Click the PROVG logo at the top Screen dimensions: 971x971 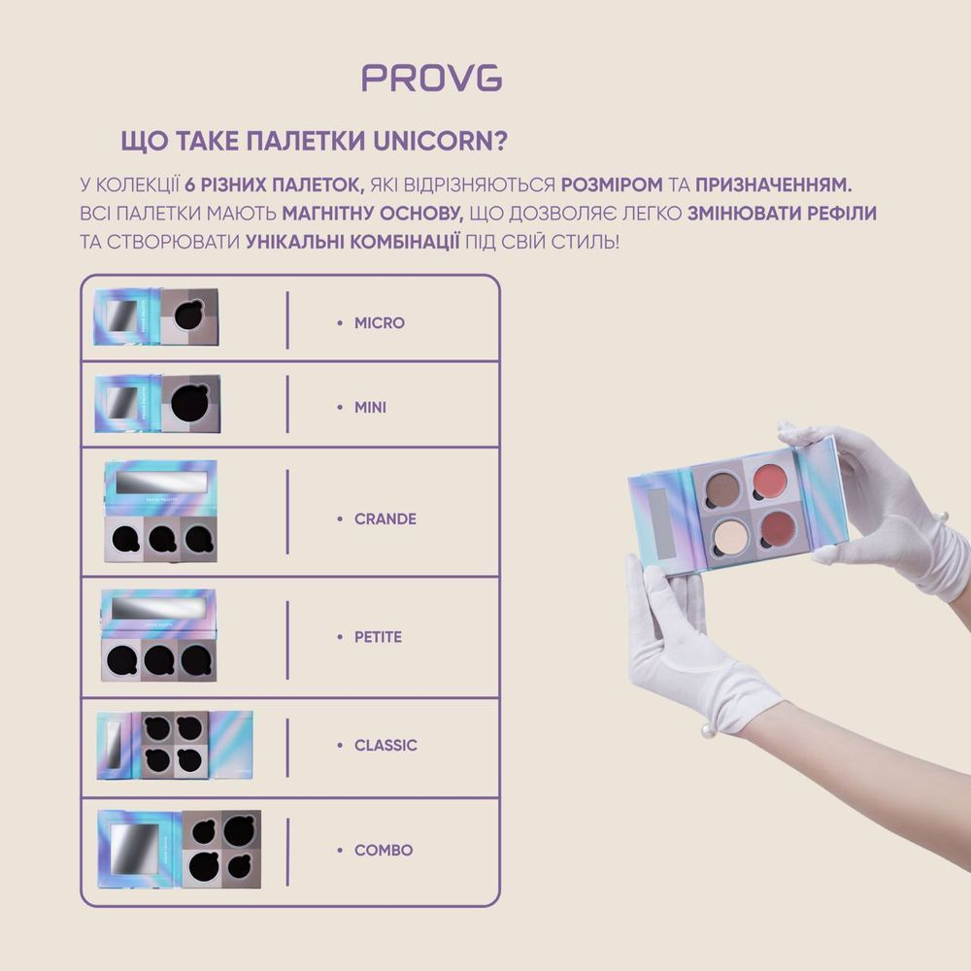tap(432, 78)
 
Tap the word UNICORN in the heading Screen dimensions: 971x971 tap(440, 141)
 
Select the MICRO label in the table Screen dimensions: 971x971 tap(379, 322)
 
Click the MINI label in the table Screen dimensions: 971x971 tap(370, 408)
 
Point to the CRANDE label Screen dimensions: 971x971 tap(385, 519)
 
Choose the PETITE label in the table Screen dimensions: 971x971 tap(378, 637)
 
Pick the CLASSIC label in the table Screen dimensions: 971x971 tap(385, 745)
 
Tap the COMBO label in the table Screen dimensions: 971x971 tap(384, 851)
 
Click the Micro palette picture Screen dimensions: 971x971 tap(156, 317)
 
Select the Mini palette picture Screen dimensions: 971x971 tap(158, 404)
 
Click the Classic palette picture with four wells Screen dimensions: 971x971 tap(175, 745)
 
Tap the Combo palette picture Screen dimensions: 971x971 tap(179, 849)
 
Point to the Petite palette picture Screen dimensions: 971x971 tap(158, 635)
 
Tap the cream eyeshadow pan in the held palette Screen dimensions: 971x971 tap(730, 536)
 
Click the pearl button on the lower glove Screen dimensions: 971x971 tap(708, 731)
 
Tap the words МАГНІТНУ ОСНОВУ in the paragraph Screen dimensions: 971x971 tap(373, 213)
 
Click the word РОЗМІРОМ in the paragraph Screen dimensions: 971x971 tap(612, 184)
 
